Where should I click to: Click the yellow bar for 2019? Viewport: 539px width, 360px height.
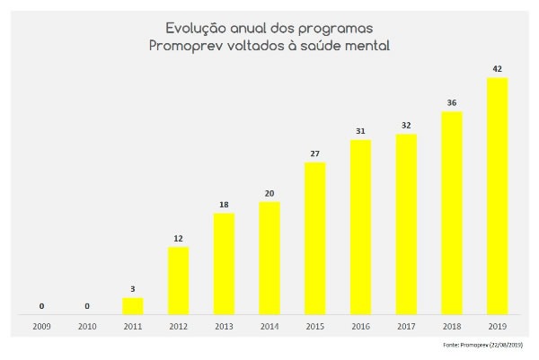click(497, 196)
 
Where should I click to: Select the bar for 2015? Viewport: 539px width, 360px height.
click(314, 238)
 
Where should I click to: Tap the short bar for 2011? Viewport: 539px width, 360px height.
click(133, 305)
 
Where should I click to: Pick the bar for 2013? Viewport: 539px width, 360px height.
click(224, 263)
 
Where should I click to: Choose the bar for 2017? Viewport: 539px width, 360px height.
click(406, 224)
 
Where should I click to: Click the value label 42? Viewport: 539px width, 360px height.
click(497, 68)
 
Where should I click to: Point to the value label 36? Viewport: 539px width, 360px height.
click(451, 102)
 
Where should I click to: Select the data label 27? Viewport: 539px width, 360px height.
click(314, 154)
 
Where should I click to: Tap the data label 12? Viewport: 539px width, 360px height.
click(178, 238)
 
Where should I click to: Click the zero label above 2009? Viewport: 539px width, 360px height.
click(41, 306)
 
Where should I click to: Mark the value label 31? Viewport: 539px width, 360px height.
click(360, 131)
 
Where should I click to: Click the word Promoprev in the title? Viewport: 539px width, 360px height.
click(183, 46)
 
